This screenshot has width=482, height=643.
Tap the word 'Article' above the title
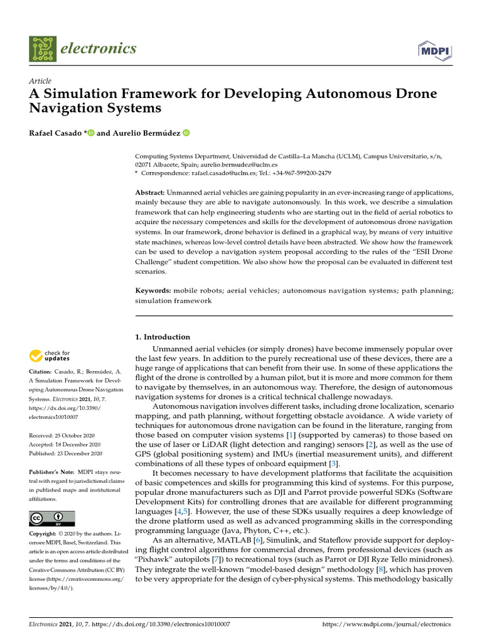(40, 81)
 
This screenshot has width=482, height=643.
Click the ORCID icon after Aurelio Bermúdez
(186, 133)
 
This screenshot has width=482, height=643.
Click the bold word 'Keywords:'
(153, 291)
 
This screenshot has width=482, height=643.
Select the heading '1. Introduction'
(163, 337)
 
